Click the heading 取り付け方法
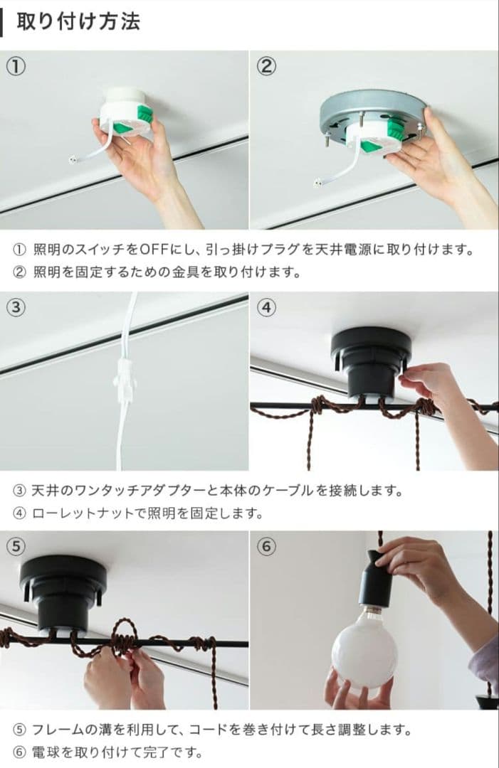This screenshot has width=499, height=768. pyautogui.click(x=78, y=21)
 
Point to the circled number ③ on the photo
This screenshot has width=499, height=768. pyautogui.click(x=16, y=307)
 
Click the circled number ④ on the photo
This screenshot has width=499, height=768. pyautogui.click(x=266, y=307)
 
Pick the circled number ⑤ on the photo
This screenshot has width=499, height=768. pyautogui.click(x=16, y=546)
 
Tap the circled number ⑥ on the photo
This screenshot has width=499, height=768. pyautogui.click(x=266, y=546)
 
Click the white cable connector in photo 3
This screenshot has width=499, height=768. pyautogui.click(x=124, y=385)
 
